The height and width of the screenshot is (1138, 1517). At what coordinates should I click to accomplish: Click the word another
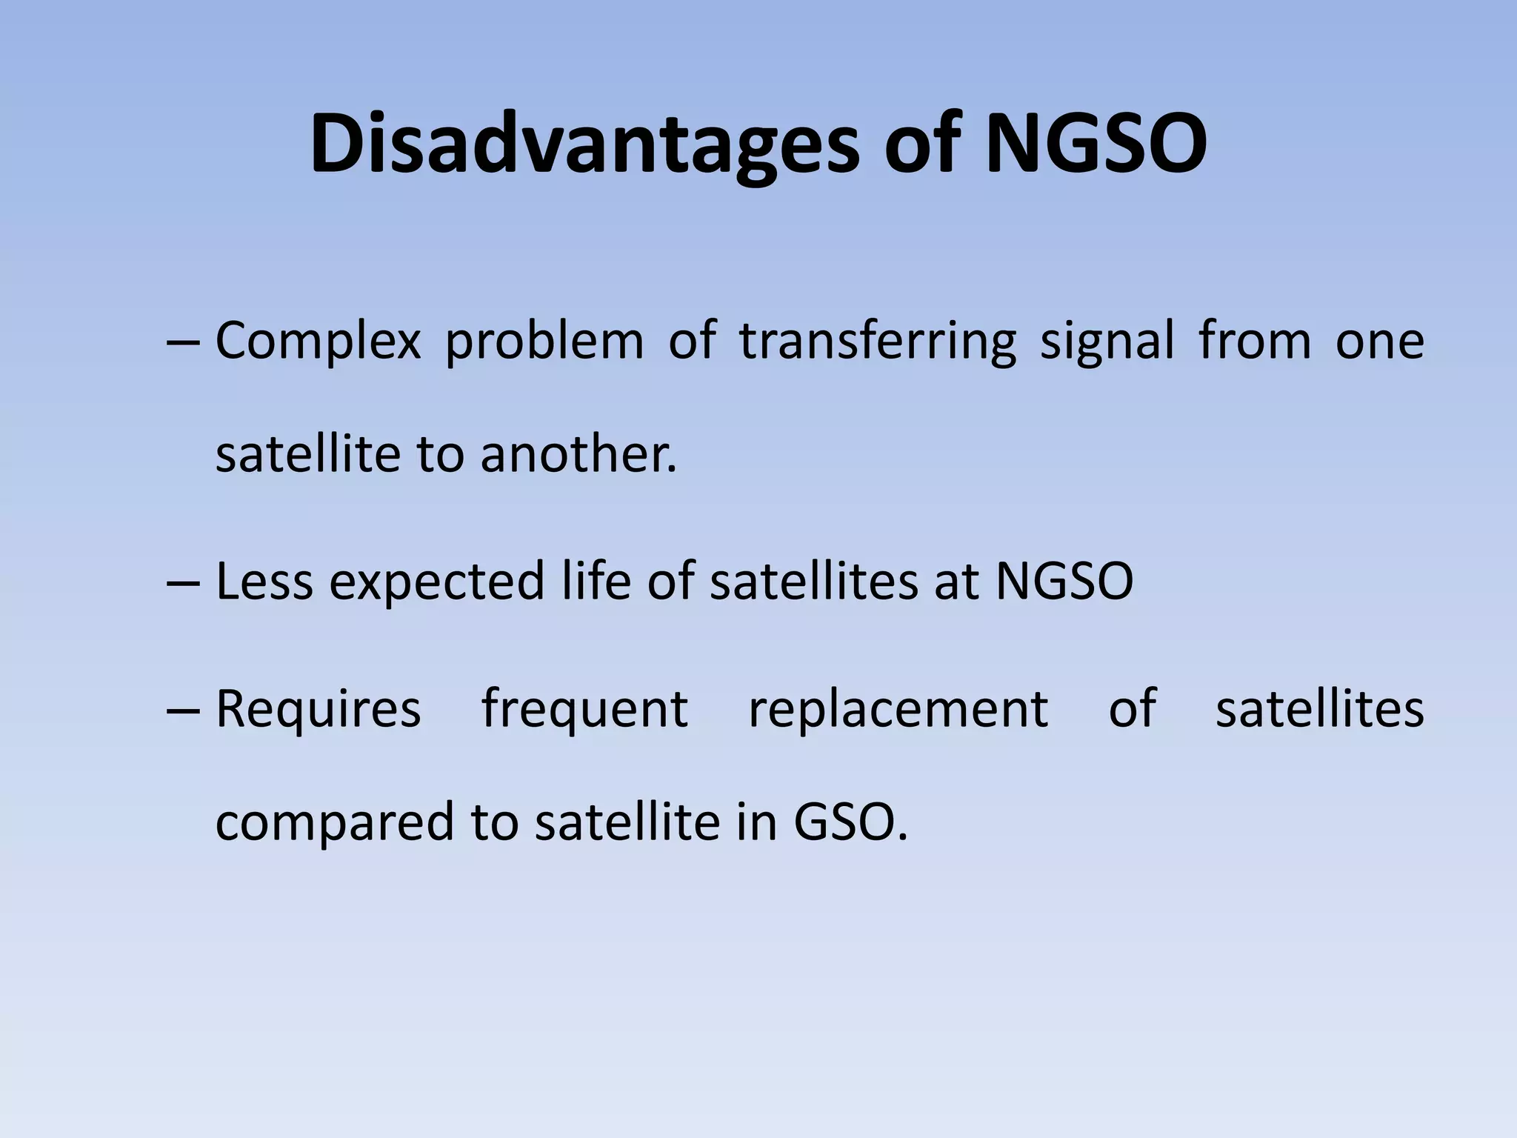point(578,453)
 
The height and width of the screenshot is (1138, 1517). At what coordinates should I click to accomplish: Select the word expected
point(437,582)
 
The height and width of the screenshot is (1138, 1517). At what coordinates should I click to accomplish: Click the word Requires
point(318,710)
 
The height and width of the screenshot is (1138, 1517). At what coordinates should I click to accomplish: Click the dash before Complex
point(183,344)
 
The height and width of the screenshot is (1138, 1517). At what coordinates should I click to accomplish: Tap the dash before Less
point(183,583)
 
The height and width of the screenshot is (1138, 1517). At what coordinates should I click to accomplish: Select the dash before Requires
point(183,711)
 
